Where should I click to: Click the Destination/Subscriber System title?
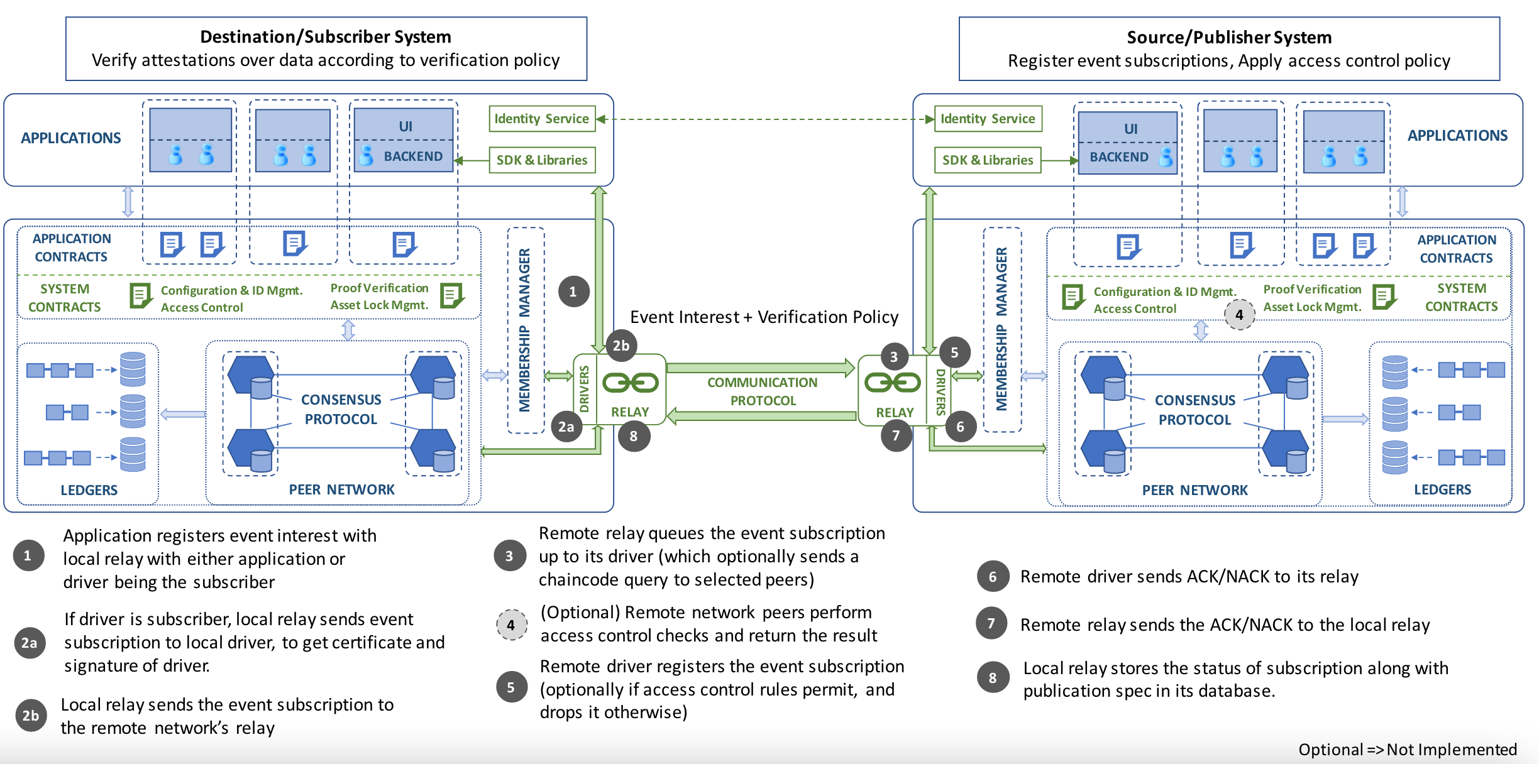326,37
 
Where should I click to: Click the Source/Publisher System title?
1229,38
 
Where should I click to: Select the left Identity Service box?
541,119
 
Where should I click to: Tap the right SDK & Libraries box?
987,160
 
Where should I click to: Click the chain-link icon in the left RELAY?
630,383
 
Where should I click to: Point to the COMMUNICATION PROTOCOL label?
762,391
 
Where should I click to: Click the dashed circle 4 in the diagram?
1239,315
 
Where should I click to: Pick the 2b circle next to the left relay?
621,346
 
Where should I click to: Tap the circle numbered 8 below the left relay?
633,436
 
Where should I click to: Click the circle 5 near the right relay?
954,352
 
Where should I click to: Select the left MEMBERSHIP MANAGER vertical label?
524,330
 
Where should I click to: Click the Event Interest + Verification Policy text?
764,317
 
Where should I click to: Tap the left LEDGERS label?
89,490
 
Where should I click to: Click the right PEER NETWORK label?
1194,490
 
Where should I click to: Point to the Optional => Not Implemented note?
1407,750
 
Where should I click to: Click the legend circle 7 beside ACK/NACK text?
991,623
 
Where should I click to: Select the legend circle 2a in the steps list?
30,643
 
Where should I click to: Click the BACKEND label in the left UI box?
413,156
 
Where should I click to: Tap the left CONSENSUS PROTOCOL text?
341,409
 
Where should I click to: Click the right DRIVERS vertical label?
940,391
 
